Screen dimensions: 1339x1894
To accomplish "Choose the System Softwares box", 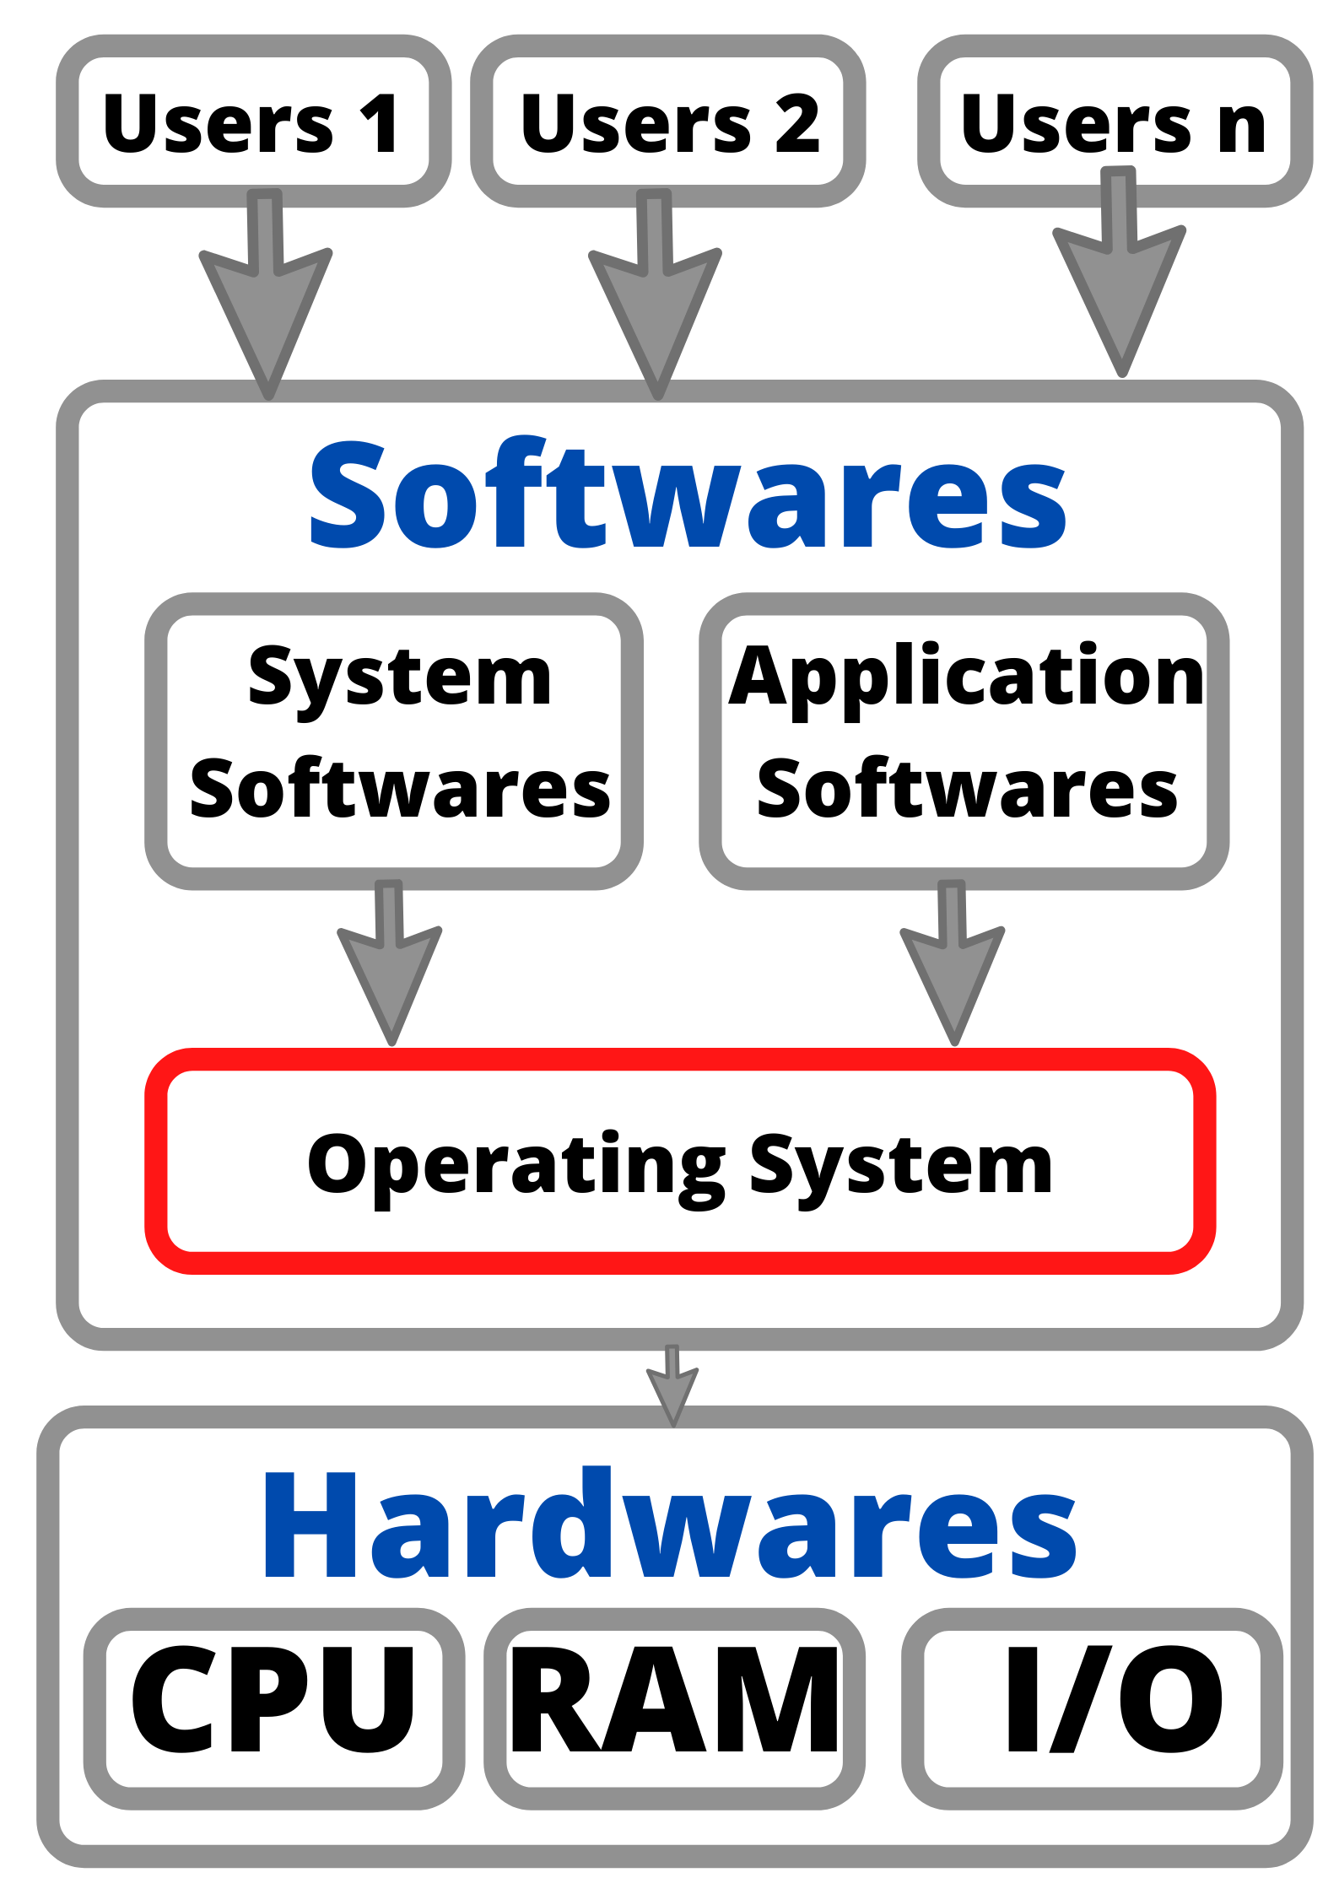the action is pyautogui.click(x=394, y=741).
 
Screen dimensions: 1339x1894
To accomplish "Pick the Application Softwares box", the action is pyautogui.click(x=964, y=741).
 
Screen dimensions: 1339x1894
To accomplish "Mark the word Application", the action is pyautogui.click(x=966, y=679).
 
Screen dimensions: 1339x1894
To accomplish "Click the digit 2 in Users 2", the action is pyautogui.click(x=797, y=125).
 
